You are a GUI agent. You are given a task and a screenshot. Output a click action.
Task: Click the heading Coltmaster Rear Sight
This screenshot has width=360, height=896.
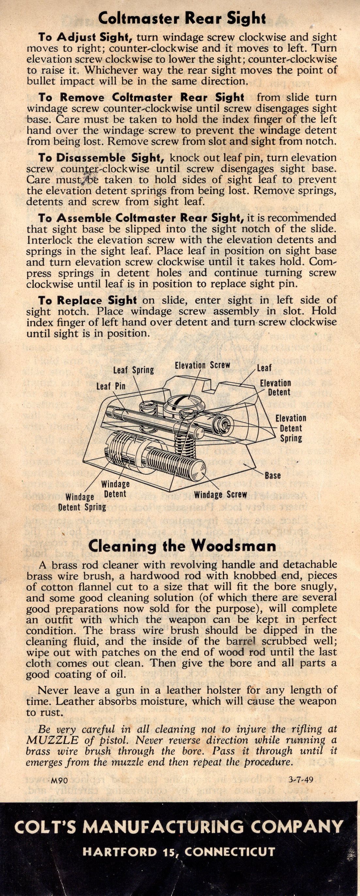pyautogui.click(x=182, y=18)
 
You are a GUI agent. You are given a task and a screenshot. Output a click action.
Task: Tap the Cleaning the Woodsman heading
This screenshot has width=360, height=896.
pyautogui.click(x=182, y=546)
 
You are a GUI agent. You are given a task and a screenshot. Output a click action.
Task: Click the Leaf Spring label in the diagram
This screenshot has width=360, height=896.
pyautogui.click(x=133, y=370)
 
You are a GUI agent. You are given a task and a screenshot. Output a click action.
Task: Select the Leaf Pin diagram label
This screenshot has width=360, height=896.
pyautogui.click(x=111, y=386)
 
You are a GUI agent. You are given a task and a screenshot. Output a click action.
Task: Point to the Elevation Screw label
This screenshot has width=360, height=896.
pyautogui.click(x=202, y=365)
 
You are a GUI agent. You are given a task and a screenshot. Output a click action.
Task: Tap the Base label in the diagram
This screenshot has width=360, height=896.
pyautogui.click(x=273, y=476)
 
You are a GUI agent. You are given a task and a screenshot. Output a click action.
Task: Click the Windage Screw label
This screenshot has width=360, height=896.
pyautogui.click(x=221, y=494)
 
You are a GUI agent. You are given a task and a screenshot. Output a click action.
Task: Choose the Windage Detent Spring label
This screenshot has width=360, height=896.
pyautogui.click(x=83, y=502)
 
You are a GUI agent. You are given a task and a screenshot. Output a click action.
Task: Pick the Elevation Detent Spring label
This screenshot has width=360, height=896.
pyautogui.click(x=291, y=428)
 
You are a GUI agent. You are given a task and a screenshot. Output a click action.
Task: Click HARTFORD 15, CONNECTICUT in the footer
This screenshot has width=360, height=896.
pyautogui.click(x=179, y=852)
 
